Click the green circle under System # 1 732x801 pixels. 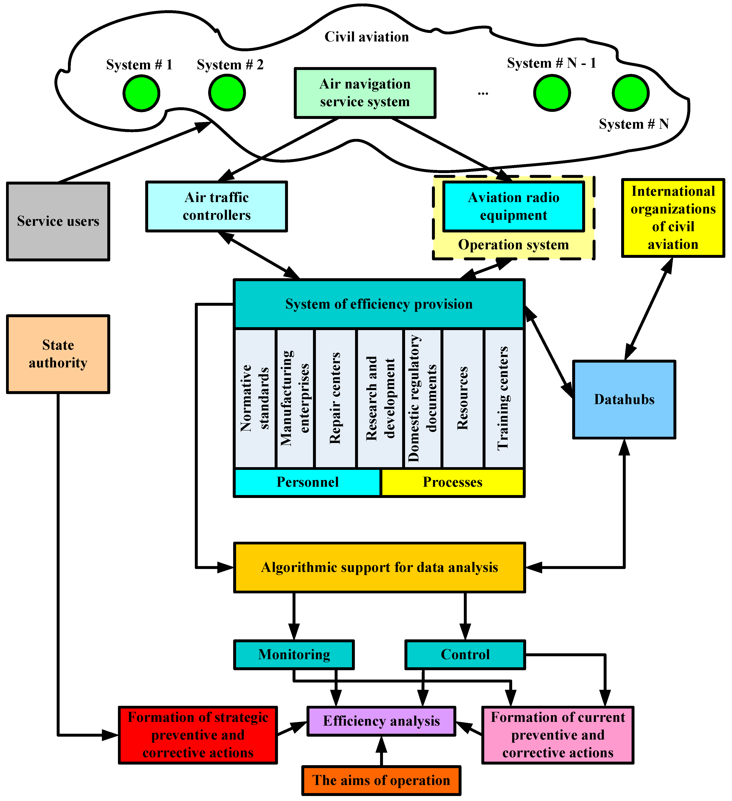pos(141,93)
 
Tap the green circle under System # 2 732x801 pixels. pos(227,93)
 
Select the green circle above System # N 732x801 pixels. pos(630,93)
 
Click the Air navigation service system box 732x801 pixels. pos(365,93)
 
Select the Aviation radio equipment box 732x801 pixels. pos(513,206)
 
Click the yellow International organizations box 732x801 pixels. pos(673,218)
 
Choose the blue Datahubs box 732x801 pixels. pos(624,399)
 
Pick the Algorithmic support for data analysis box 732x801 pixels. pos(379,567)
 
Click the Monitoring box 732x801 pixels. pos(294,654)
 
